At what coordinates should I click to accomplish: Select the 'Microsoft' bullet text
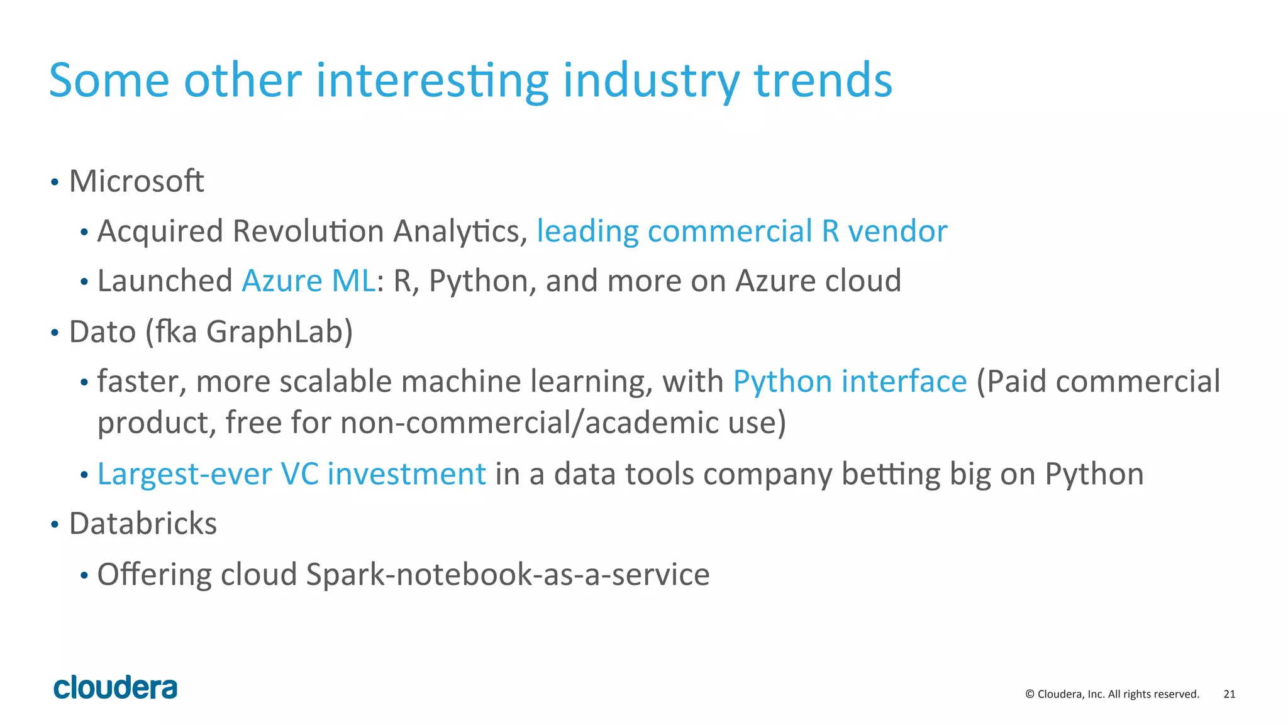136,182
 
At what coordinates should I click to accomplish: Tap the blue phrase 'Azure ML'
309,281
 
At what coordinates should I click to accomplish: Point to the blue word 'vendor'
897,231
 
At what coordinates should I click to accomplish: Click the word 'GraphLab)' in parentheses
279,332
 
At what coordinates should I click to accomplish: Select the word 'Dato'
102,332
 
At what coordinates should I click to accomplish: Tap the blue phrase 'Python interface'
850,382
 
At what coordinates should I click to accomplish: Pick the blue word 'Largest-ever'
184,474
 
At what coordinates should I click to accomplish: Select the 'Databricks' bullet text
143,524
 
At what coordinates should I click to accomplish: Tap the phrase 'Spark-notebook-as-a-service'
508,575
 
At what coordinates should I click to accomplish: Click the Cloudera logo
115,687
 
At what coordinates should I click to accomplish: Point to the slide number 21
1229,694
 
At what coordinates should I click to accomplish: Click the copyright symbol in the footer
1030,694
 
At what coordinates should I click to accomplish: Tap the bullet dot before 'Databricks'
55,524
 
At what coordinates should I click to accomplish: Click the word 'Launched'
165,281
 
